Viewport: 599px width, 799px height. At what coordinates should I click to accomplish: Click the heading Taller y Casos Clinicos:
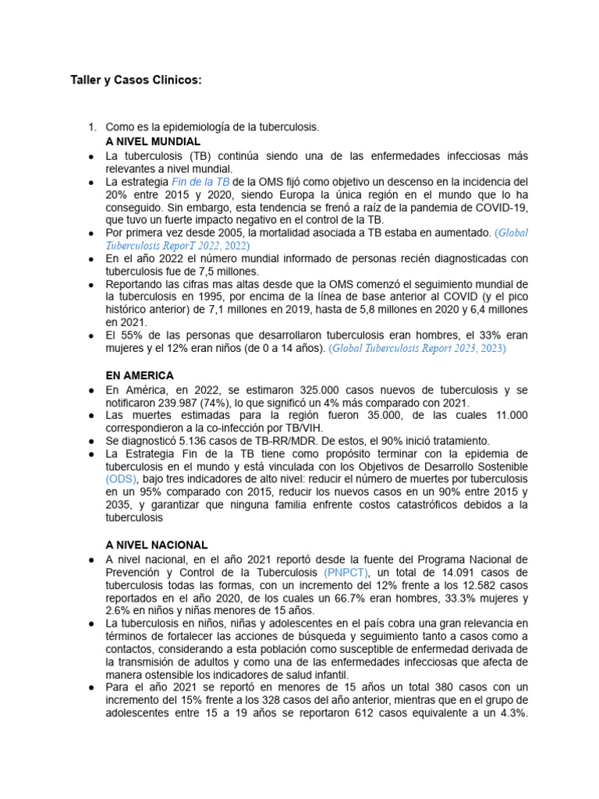(x=136, y=80)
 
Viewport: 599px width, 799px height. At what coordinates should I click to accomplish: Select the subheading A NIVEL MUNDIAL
(x=153, y=141)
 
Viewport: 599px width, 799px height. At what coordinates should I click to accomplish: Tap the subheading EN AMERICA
(x=140, y=375)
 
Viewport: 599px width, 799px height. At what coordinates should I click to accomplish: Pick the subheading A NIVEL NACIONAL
(x=156, y=545)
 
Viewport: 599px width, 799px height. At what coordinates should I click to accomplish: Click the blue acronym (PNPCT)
(x=347, y=572)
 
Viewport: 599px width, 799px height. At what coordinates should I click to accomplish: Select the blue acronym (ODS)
(x=122, y=478)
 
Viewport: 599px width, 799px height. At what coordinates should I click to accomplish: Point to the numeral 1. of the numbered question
(x=91, y=126)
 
